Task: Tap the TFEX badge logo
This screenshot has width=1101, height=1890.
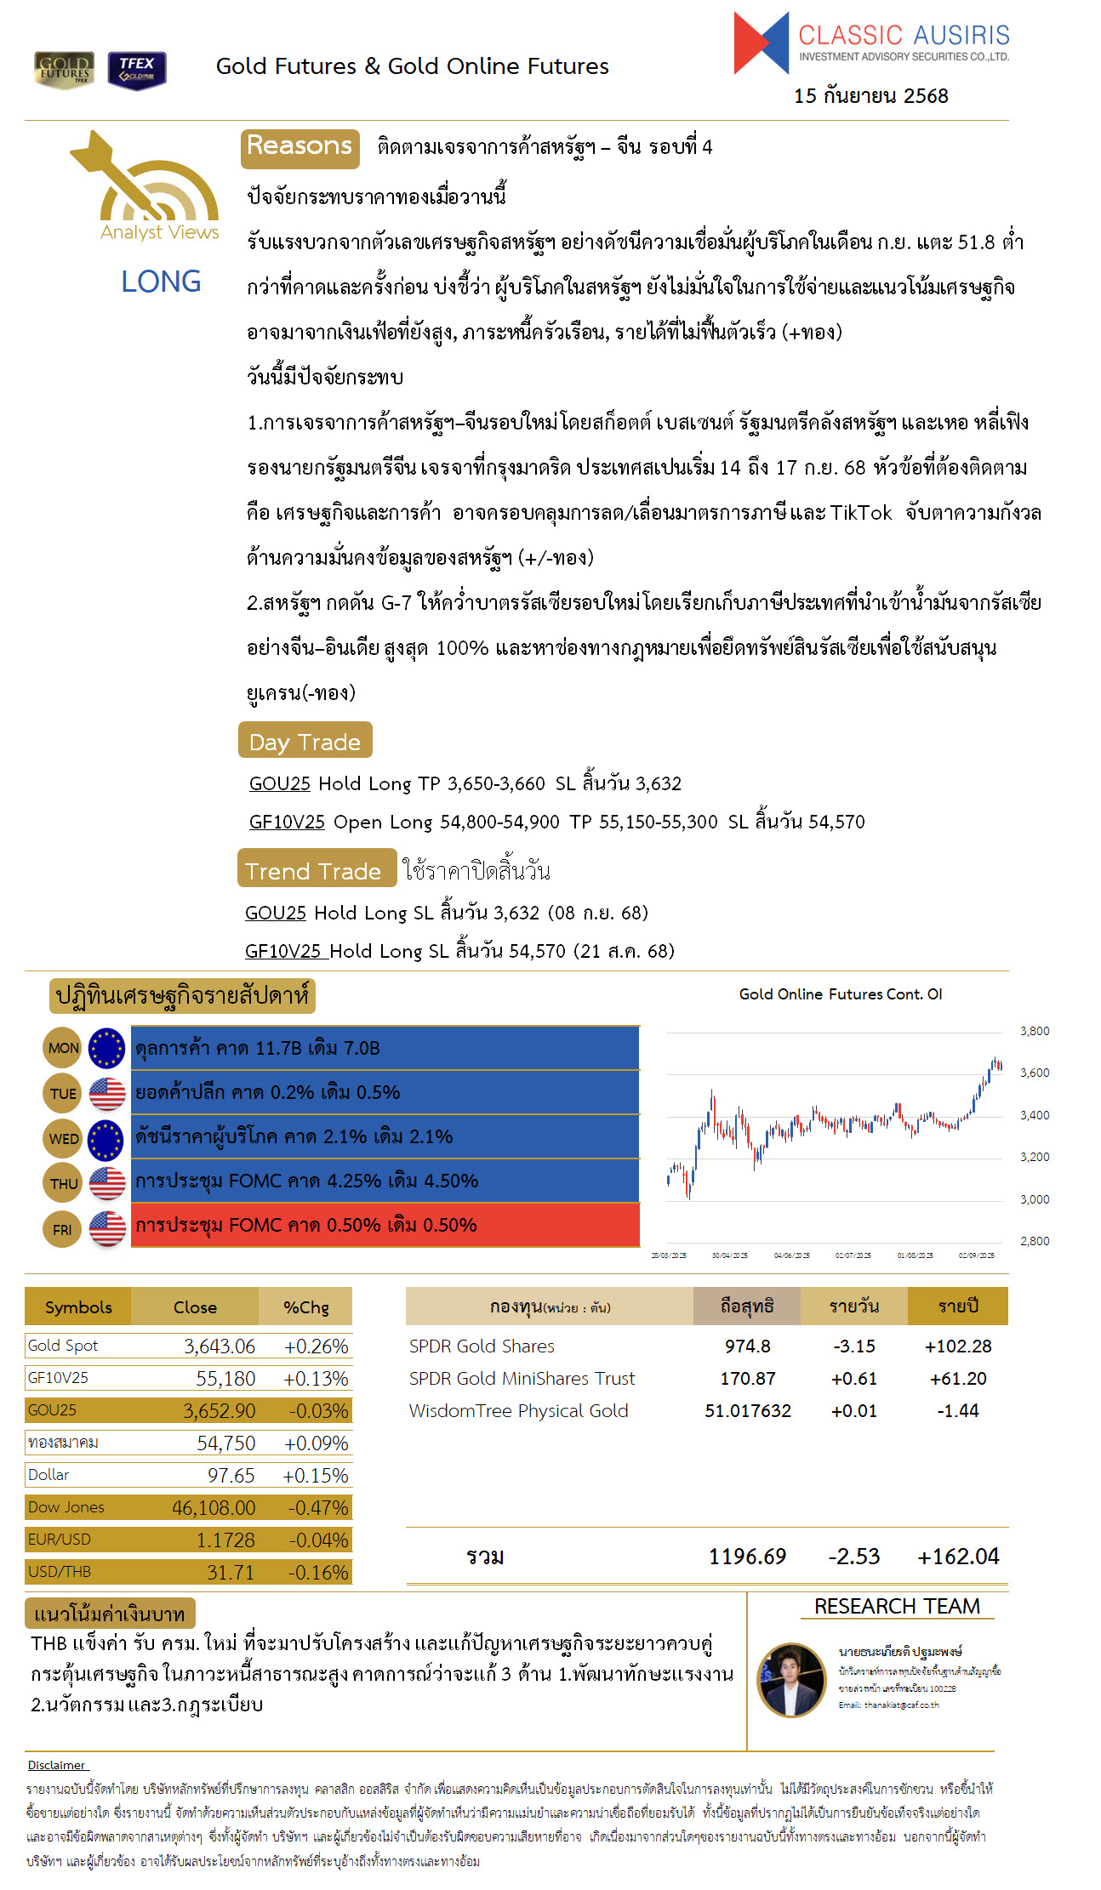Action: click(x=137, y=70)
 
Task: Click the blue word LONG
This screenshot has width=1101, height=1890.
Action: click(x=161, y=282)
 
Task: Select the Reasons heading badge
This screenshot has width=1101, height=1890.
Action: click(x=299, y=147)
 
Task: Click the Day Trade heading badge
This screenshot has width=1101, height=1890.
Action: click(x=305, y=741)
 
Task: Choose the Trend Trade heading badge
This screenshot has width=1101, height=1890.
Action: click(x=316, y=869)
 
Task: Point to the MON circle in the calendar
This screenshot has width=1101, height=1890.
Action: click(x=63, y=1048)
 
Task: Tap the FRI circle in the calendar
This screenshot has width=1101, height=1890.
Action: click(x=62, y=1229)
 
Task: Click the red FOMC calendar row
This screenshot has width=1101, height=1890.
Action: click(x=385, y=1225)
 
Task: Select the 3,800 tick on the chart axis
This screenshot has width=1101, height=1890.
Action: click(x=1034, y=1031)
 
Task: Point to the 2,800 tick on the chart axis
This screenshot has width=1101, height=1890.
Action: click(x=1034, y=1241)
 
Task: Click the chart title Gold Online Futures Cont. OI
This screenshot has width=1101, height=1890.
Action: click(x=840, y=994)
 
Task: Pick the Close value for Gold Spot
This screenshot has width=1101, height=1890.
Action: click(x=220, y=1346)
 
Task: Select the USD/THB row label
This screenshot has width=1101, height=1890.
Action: click(x=60, y=1572)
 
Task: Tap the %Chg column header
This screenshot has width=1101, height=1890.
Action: click(x=305, y=1307)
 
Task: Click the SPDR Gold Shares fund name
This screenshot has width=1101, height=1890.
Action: click(x=482, y=1346)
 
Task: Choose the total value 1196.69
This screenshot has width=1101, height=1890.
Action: click(x=747, y=1557)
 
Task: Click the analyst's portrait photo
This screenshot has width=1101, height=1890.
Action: click(x=791, y=1680)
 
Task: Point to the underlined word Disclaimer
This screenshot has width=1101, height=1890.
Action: click(x=57, y=1765)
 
